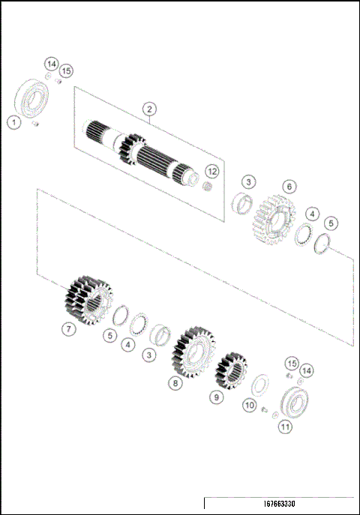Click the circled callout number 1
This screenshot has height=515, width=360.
click(x=13, y=121)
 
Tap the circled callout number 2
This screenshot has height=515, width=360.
click(x=150, y=109)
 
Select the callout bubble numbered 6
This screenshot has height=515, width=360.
click(x=289, y=186)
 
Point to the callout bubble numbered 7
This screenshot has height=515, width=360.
click(x=68, y=328)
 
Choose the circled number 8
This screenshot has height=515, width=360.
click(x=175, y=383)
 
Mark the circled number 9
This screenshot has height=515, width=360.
click(x=216, y=397)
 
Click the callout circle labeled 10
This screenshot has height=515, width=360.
click(x=249, y=406)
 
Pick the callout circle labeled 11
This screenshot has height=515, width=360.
click(x=286, y=427)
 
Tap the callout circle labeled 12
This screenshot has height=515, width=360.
click(x=211, y=172)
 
